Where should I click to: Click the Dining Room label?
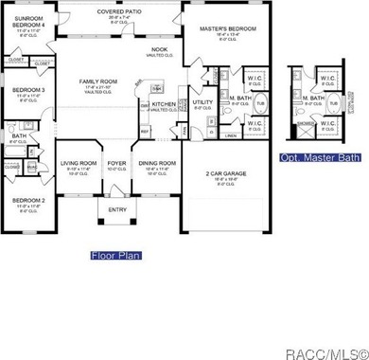(x=154, y=163)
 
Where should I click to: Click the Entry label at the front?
(x=117, y=210)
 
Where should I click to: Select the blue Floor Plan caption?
(x=116, y=255)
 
